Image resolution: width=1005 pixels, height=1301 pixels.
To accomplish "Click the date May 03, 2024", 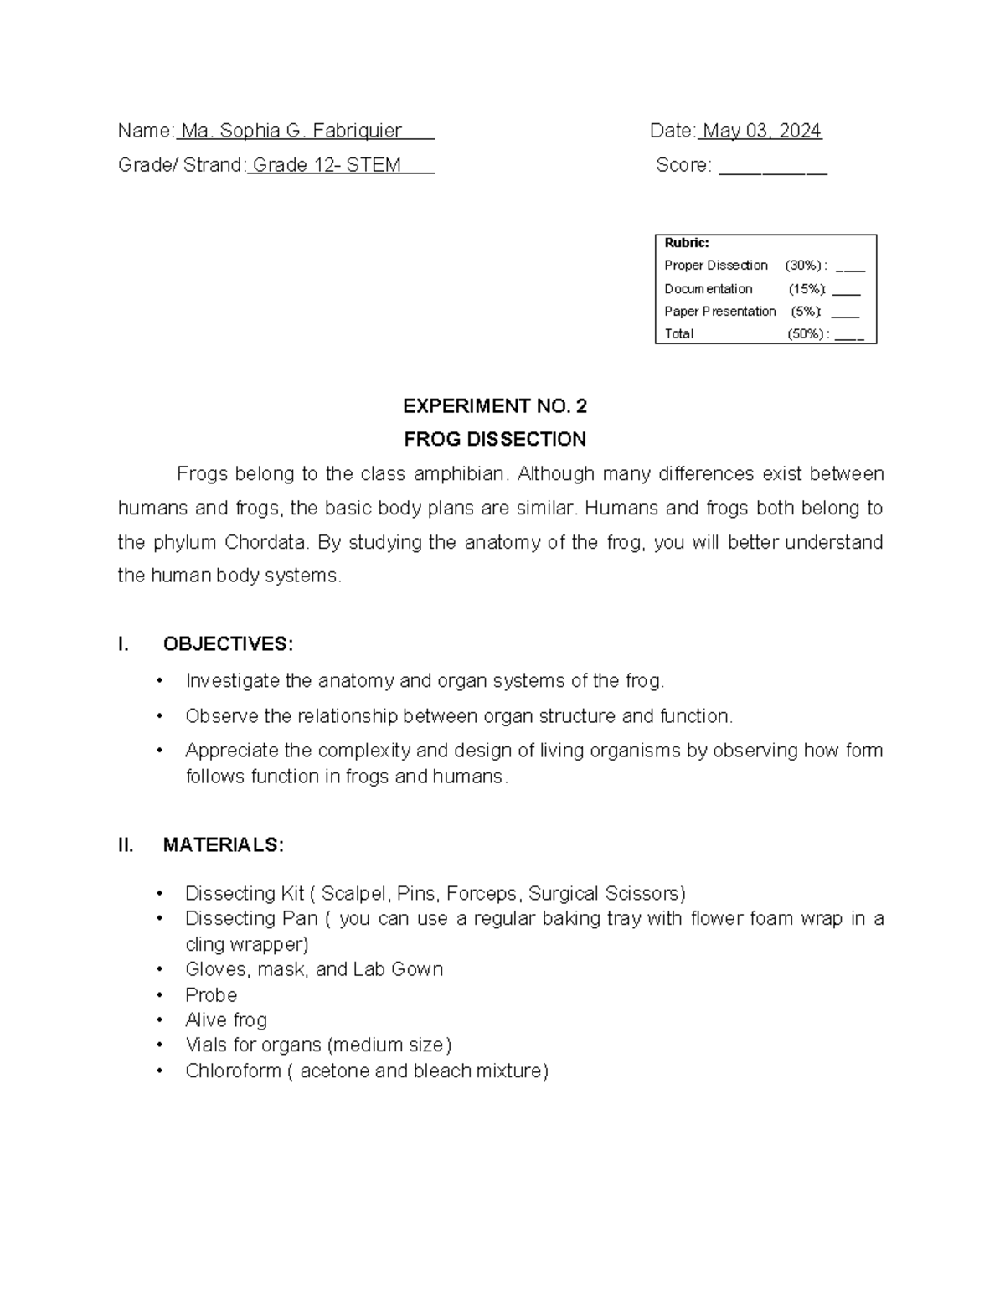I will pyautogui.click(x=761, y=132).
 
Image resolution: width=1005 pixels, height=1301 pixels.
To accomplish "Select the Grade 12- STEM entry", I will pyautogui.click(x=327, y=166).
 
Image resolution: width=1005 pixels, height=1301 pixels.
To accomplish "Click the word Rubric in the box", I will pyautogui.click(x=686, y=243).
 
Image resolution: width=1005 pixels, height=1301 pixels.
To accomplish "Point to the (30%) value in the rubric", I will pyautogui.click(x=803, y=266).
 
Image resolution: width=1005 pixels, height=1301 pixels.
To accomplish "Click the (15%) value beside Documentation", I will pyautogui.click(x=806, y=289).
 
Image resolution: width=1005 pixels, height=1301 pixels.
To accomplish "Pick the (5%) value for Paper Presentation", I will pyautogui.click(x=805, y=312).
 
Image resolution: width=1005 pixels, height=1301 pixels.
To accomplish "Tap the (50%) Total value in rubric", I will pyautogui.click(x=806, y=334).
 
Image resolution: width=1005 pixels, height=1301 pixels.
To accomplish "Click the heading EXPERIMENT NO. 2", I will pyautogui.click(x=494, y=407).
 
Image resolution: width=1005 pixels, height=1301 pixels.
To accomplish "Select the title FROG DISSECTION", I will pyautogui.click(x=494, y=440).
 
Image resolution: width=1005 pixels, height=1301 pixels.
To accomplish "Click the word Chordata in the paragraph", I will pyautogui.click(x=265, y=543).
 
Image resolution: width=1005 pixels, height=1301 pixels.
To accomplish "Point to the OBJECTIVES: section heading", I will pyautogui.click(x=228, y=644).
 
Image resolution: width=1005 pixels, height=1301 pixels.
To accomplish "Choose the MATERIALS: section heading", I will pyautogui.click(x=223, y=845).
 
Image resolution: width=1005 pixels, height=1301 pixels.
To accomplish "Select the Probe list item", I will pyautogui.click(x=211, y=995).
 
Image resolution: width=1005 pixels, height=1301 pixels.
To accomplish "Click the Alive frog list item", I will pyautogui.click(x=226, y=1020).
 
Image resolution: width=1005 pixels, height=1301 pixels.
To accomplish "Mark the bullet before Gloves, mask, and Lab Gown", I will pyautogui.click(x=160, y=969).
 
